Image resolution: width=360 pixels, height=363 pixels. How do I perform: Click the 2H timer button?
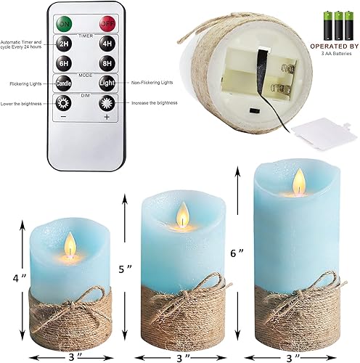(64, 43)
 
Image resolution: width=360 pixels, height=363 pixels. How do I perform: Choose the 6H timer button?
(64, 62)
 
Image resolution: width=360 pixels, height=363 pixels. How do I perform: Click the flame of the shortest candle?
(70, 244)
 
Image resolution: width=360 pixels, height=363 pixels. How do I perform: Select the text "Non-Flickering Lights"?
(156, 83)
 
